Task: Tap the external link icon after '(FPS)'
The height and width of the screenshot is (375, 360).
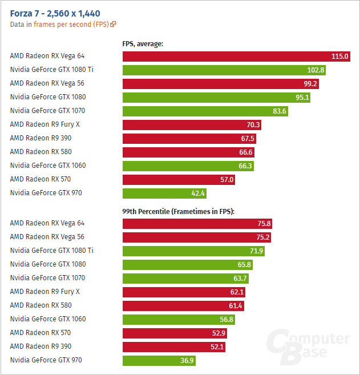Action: [x=113, y=24]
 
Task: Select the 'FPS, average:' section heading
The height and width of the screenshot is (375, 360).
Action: [x=143, y=43]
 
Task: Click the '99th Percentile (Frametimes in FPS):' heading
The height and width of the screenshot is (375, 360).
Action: [x=179, y=211]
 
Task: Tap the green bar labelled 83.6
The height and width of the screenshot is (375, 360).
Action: [x=205, y=111]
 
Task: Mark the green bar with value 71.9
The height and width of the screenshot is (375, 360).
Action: [x=193, y=251]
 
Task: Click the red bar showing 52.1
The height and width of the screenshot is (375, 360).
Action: [x=174, y=347]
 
